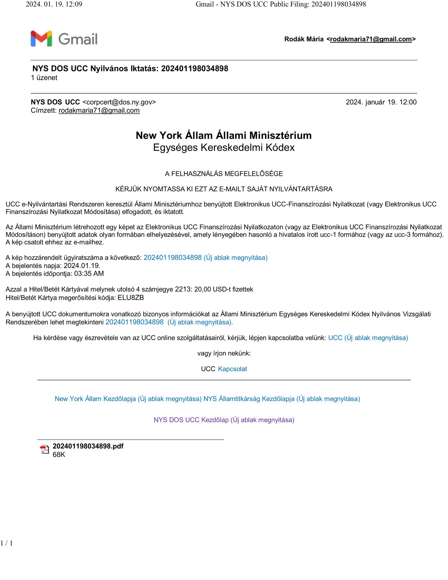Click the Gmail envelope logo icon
click(41, 39)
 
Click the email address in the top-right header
click(371, 39)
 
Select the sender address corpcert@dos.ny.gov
click(119, 102)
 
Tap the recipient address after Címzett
click(99, 111)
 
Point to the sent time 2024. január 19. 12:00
click(381, 102)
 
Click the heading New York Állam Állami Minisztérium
click(224, 135)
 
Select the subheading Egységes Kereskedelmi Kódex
click(224, 148)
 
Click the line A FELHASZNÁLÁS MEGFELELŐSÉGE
click(224, 174)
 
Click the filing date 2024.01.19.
click(82, 265)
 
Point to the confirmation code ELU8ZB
click(131, 298)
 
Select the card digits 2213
click(183, 289)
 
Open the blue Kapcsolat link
click(232, 369)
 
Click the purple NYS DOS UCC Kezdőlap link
click(224, 420)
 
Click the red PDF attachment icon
click(44, 450)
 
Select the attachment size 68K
click(59, 455)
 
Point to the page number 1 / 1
click(7, 543)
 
